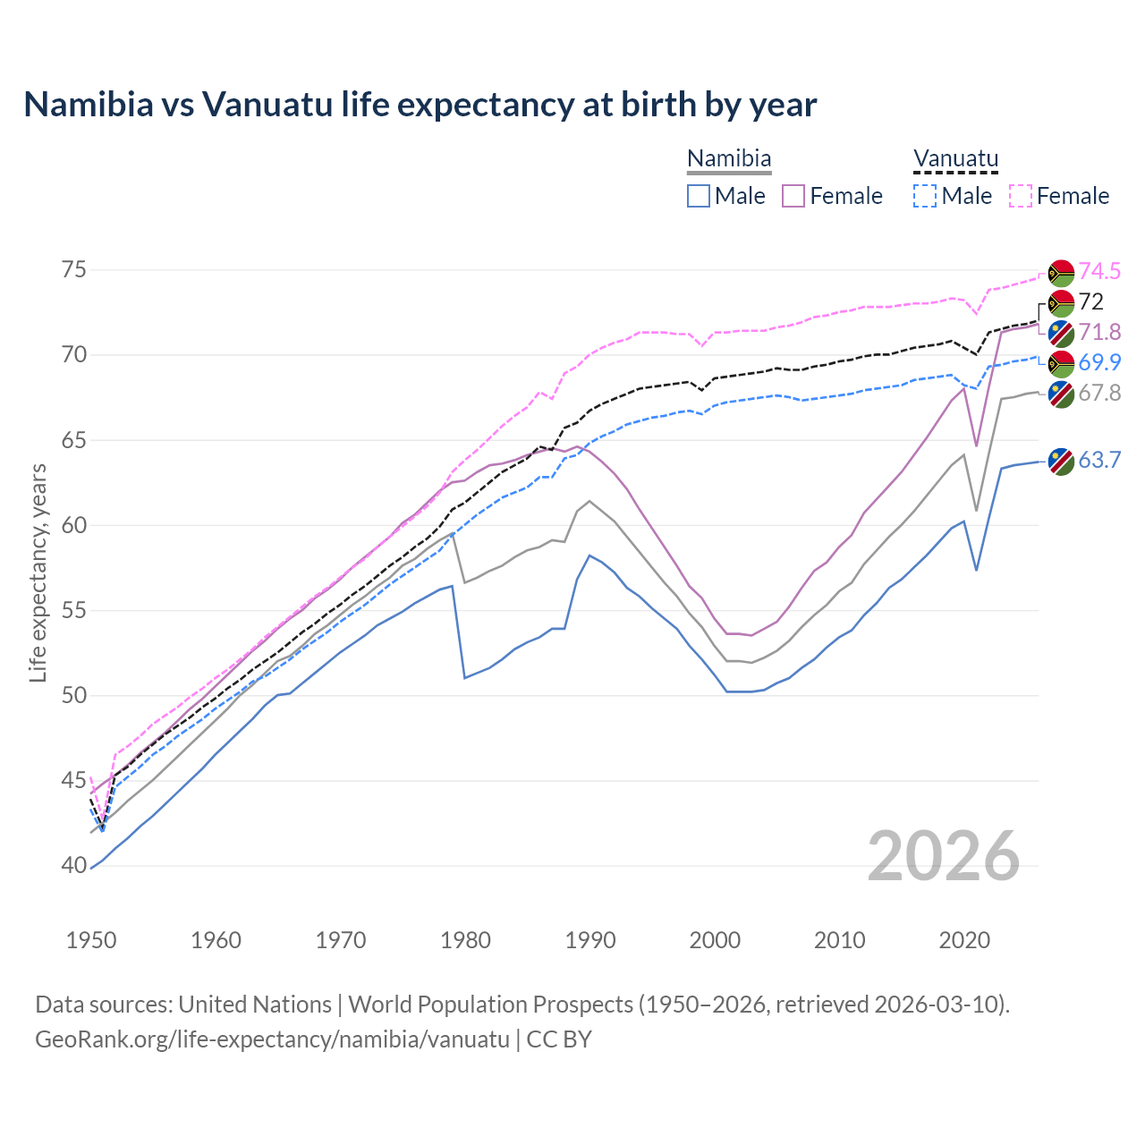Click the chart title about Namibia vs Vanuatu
[x=420, y=105]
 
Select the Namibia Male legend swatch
[x=699, y=196]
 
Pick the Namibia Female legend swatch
[x=793, y=196]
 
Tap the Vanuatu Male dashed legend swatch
[x=925, y=196]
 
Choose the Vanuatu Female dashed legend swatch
[x=1021, y=196]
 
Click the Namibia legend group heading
[x=729, y=159]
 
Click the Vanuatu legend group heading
[x=955, y=159]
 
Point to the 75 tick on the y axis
[x=74, y=270]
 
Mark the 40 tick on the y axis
[x=74, y=866]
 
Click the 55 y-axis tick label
[x=74, y=611]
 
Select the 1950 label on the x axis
[x=91, y=940]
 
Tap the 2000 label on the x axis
[x=715, y=940]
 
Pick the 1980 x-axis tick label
[x=466, y=940]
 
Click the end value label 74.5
[x=1099, y=271]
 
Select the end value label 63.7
[x=1099, y=461]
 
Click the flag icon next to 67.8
[x=1061, y=394]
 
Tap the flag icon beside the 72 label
[x=1061, y=302]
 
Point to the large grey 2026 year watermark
[x=944, y=856]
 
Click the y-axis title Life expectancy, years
[x=38, y=572]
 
